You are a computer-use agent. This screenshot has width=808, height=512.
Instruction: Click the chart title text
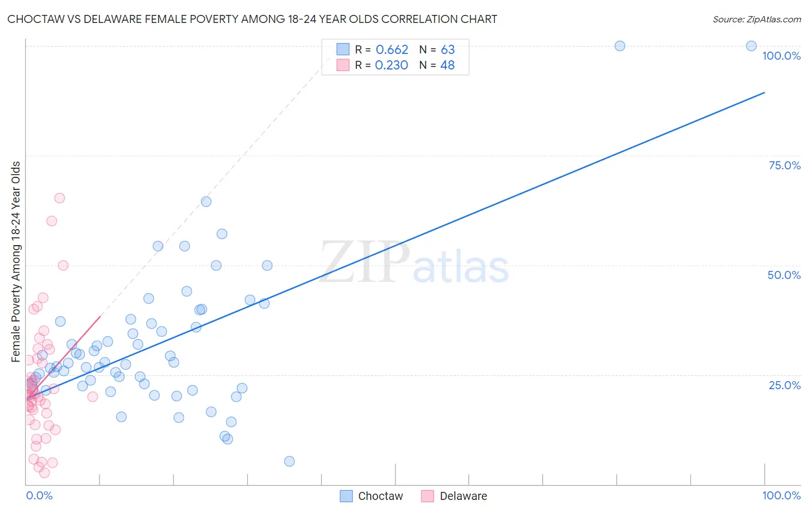point(252,19)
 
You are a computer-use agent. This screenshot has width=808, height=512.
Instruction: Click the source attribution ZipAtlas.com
point(756,19)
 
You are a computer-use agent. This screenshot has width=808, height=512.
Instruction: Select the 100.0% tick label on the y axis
point(781,56)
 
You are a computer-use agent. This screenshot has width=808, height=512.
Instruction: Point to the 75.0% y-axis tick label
point(784,165)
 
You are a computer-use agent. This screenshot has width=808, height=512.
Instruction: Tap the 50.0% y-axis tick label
point(784,275)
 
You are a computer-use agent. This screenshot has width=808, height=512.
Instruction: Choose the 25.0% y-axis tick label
point(784,385)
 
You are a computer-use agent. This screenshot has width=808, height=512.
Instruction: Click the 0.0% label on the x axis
point(39,495)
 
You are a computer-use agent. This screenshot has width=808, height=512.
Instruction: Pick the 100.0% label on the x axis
point(781,495)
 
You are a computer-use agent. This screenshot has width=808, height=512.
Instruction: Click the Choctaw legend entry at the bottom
point(371,496)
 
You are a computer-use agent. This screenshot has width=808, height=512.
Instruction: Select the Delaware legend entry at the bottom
point(454,496)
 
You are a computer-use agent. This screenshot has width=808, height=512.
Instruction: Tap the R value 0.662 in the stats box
point(391,50)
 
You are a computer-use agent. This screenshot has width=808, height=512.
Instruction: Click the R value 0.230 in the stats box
point(391,65)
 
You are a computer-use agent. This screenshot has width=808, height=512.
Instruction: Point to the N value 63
point(448,50)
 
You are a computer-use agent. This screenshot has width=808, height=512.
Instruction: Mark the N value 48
point(447,65)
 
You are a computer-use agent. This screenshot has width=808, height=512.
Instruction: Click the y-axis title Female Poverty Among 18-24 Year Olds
point(16,262)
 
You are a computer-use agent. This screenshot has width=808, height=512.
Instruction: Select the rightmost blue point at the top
point(751,46)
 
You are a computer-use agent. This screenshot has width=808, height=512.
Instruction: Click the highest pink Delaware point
point(59,198)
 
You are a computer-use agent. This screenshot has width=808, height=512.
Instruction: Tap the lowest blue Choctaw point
point(290,461)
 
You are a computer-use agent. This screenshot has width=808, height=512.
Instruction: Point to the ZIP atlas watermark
point(414,263)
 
